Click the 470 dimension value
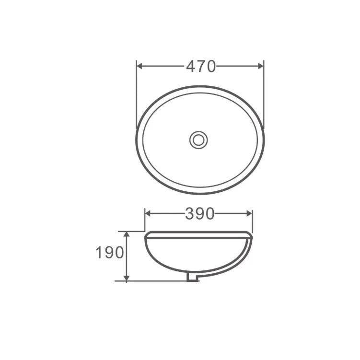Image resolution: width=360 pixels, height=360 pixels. pos(200,67)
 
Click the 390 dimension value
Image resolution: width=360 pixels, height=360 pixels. pos(199,214)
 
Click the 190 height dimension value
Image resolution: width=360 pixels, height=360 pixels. pos(110,253)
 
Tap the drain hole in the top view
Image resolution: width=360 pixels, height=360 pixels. pos(198,140)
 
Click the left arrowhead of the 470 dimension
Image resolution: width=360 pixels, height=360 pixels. pos(140,66)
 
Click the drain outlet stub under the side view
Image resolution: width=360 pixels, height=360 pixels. pos(192,278)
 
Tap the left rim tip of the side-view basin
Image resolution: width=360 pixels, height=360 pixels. pos(146,235)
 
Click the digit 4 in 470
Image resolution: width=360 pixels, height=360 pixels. pos(190,67)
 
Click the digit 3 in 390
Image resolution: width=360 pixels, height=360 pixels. pos(190,214)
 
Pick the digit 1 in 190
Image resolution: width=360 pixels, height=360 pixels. pos(99,253)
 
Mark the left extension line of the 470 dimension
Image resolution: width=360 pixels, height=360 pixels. pos(137,91)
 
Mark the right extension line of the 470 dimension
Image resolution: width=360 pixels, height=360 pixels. pos(264,91)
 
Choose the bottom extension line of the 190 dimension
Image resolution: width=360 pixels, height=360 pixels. pos(153,281)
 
